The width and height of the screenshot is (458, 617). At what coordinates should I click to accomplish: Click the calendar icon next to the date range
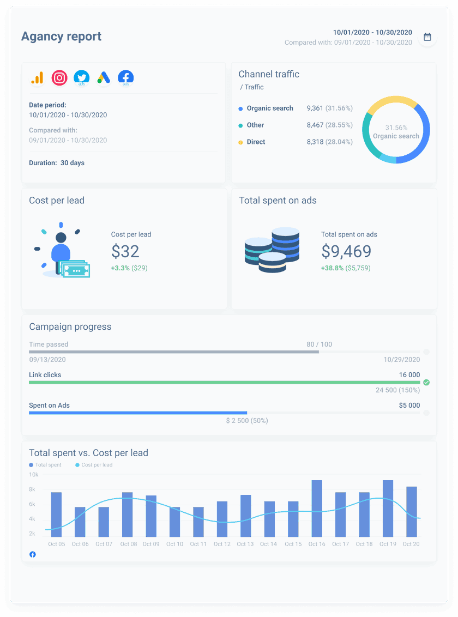(427, 37)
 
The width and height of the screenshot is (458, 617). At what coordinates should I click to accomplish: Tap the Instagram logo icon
(59, 78)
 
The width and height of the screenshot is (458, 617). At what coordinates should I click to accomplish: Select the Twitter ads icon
(81, 78)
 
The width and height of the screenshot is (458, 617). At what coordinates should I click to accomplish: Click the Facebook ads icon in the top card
(125, 78)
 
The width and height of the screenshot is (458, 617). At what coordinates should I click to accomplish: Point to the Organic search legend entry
(269, 108)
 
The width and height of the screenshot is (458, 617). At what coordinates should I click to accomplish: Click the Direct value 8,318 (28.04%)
(329, 142)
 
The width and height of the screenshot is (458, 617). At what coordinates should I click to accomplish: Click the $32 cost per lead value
(125, 251)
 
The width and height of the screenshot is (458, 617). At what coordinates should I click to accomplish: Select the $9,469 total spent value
(346, 251)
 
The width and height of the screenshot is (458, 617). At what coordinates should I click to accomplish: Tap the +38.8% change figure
(332, 268)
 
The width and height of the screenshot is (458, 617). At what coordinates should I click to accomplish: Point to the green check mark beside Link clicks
(426, 382)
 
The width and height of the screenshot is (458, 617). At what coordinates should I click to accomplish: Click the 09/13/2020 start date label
(47, 360)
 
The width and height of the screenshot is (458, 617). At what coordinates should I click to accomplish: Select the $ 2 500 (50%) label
(247, 421)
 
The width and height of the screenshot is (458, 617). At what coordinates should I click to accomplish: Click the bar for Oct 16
(317, 509)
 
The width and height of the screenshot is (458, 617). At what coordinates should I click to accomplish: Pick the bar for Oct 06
(80, 522)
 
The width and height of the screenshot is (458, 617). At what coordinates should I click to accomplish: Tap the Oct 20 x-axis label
(411, 544)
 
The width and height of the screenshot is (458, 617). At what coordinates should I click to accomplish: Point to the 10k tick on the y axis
(33, 475)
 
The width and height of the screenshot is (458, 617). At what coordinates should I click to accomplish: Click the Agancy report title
(61, 37)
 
